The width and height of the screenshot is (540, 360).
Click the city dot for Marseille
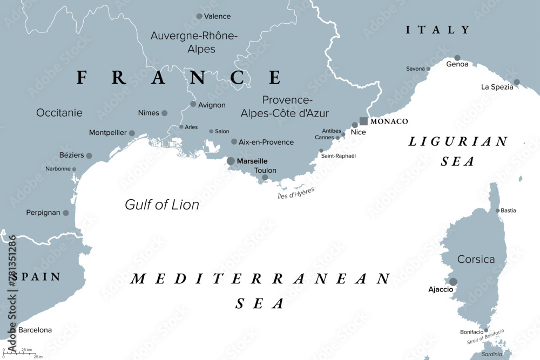point(231,161)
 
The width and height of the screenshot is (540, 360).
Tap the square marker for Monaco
point(363,121)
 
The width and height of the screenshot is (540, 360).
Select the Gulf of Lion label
point(162,205)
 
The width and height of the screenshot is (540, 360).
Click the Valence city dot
point(199,16)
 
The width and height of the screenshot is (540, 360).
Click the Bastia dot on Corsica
point(497,210)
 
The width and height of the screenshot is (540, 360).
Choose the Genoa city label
point(457,64)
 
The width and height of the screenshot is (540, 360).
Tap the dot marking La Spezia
point(516,83)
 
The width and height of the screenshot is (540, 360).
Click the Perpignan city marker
point(66,213)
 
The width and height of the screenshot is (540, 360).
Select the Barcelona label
point(35,330)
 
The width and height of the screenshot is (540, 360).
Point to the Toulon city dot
point(265,177)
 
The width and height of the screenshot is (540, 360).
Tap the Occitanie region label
point(59,113)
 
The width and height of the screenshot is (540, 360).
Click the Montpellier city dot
point(132,133)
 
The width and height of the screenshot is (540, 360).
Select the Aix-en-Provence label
point(266,142)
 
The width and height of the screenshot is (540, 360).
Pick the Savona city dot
point(428,69)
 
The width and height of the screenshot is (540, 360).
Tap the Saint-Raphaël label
point(339,156)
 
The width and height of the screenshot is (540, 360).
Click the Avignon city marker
point(193,104)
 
